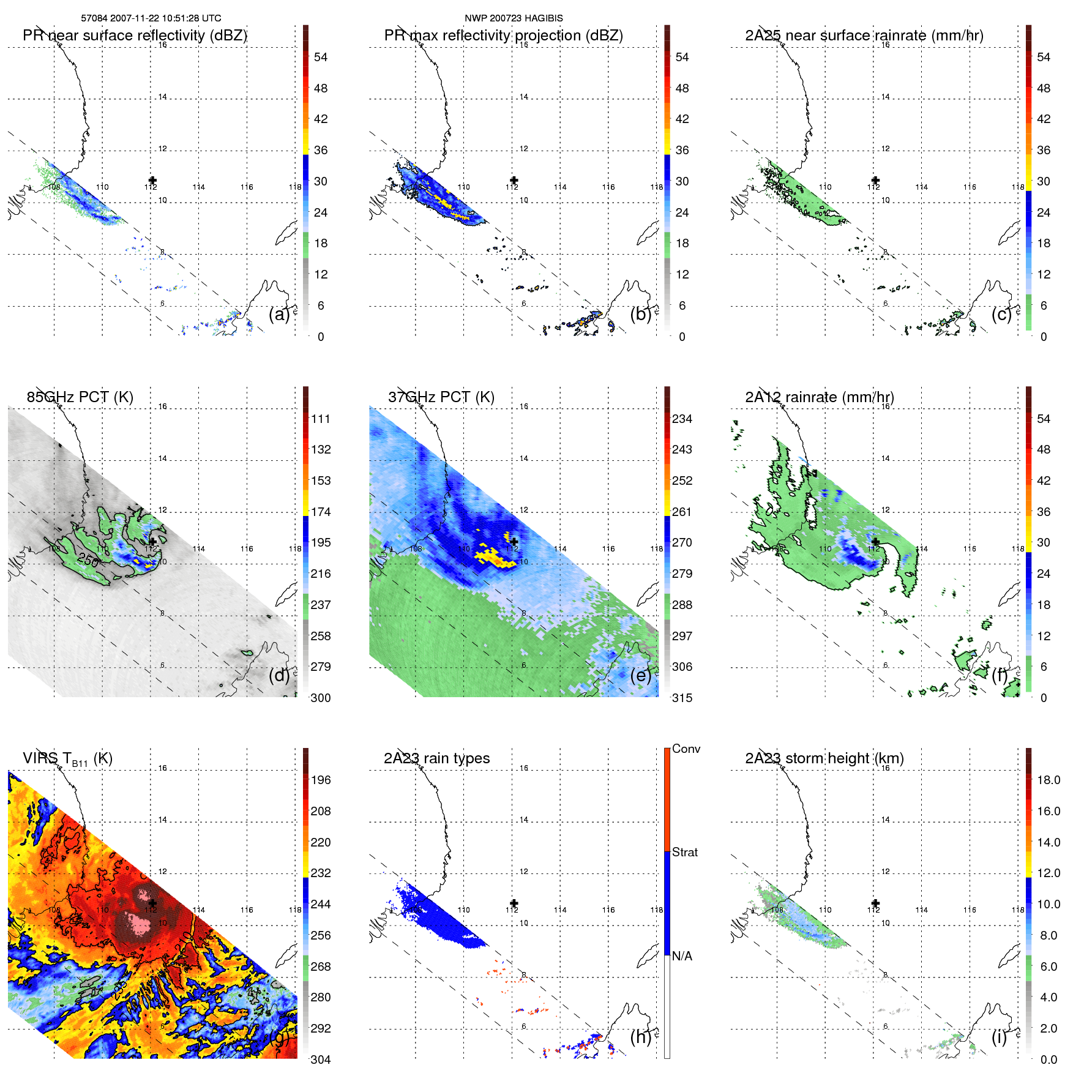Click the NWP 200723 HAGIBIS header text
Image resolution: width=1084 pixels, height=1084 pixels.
514,18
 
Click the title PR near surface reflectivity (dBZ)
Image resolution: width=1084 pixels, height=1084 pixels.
135,36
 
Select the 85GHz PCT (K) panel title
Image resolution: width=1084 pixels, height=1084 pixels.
80,397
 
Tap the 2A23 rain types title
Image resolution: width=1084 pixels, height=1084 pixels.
436,758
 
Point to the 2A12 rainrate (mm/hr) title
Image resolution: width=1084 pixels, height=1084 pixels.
820,397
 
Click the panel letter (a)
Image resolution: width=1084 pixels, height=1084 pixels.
279,314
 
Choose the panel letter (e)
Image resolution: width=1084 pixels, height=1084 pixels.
641,675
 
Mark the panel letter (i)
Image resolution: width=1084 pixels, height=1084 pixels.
999,1037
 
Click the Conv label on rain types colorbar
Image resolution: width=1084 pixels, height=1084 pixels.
686,749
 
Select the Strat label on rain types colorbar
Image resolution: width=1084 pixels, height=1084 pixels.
685,853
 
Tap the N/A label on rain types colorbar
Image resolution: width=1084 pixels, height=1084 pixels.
682,956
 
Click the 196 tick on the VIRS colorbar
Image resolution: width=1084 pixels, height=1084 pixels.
321,780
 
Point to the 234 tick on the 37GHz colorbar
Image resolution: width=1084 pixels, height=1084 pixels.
682,419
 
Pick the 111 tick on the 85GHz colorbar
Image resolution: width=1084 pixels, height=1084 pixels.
321,419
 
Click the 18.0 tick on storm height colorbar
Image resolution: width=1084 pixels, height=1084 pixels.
1048,780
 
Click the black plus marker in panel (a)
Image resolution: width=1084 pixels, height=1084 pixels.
152,181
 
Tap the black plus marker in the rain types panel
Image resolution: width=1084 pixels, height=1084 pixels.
514,903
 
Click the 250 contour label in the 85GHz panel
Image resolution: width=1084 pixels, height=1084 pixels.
88,559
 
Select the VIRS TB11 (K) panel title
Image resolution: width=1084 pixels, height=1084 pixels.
67,759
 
